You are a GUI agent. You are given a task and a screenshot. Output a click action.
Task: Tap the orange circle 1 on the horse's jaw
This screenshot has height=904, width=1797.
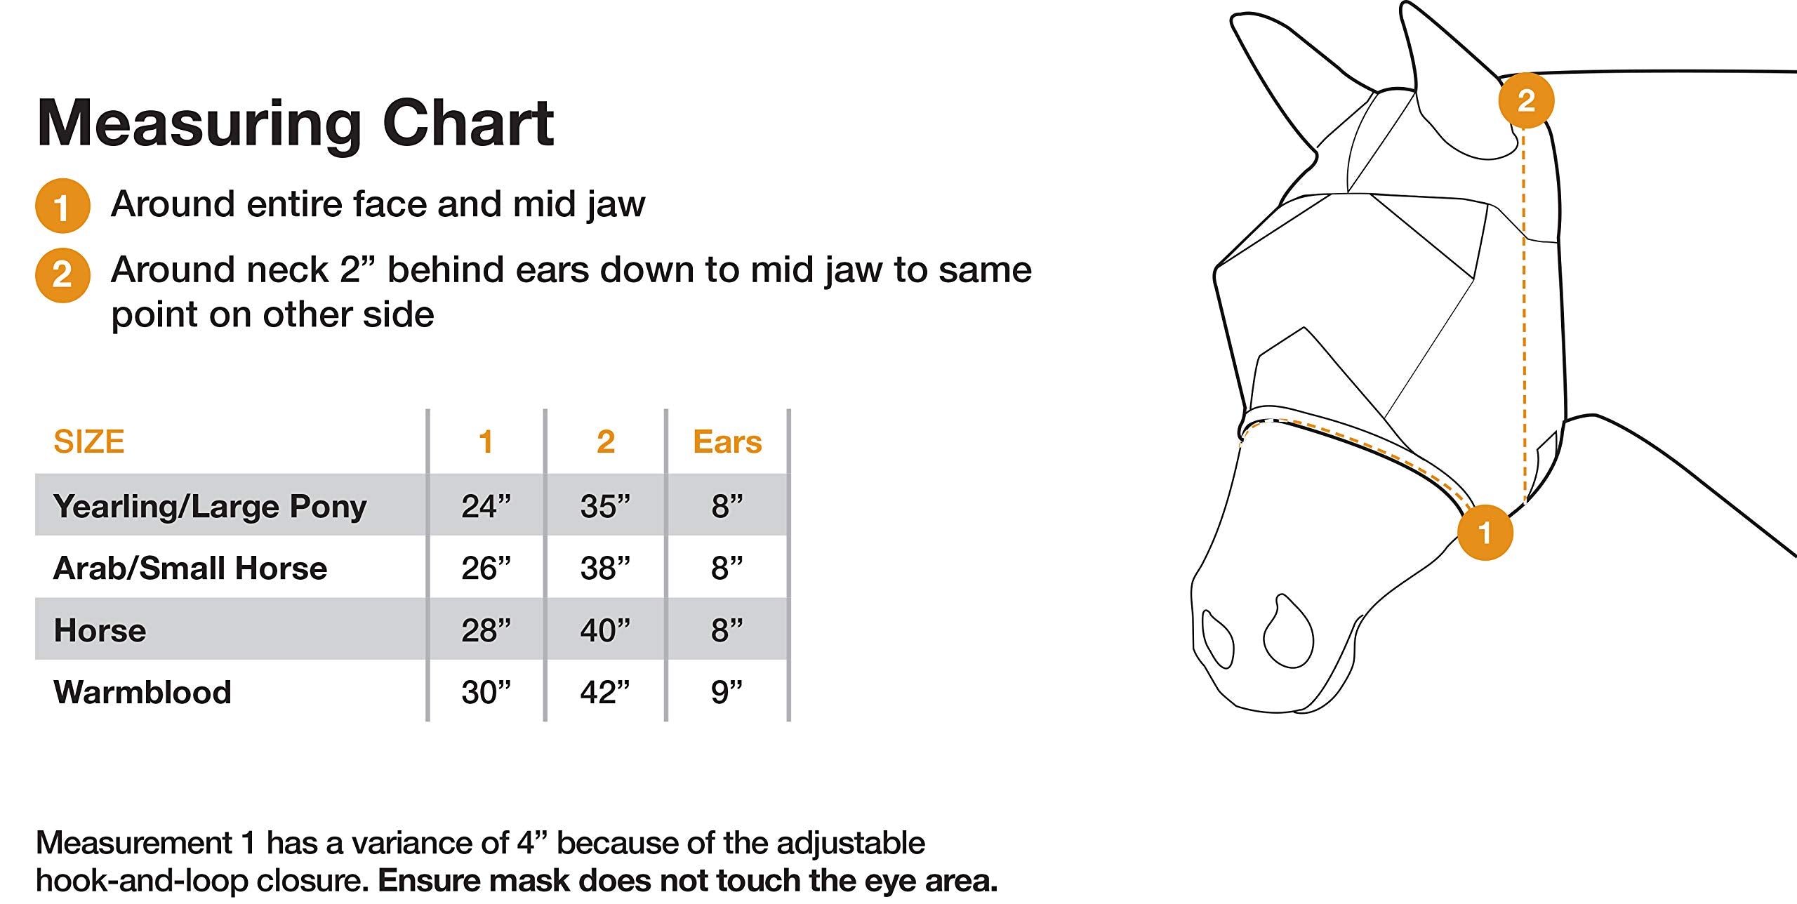[1485, 532]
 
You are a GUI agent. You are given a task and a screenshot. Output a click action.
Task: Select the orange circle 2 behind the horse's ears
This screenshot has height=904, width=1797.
[1526, 100]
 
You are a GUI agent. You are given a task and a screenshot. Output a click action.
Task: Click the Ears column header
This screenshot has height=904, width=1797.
[727, 442]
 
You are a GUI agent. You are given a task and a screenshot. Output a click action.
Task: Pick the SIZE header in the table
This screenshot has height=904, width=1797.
[89, 442]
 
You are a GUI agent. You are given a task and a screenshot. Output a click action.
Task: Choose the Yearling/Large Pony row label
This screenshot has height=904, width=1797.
[210, 506]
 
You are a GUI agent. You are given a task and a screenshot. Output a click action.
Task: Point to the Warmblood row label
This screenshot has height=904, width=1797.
[142, 692]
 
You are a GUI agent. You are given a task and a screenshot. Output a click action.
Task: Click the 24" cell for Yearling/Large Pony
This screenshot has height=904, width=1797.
[486, 506]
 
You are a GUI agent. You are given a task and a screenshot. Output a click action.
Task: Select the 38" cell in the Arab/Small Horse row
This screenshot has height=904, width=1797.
[605, 568]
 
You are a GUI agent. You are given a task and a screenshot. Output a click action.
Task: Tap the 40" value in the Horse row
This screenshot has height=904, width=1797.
[605, 630]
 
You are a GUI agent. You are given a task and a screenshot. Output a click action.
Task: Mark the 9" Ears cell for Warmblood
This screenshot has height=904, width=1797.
[727, 692]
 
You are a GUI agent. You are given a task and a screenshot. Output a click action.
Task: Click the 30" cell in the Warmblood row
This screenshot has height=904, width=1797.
[486, 692]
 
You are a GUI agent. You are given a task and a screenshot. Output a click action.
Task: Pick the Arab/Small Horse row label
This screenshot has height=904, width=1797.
[190, 568]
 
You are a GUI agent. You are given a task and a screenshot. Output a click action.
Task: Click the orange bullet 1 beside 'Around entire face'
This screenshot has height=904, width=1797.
[62, 206]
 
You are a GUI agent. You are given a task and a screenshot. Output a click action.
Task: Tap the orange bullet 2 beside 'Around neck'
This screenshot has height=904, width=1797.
[62, 274]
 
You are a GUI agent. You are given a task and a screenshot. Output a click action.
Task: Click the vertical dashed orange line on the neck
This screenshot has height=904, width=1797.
[1524, 316]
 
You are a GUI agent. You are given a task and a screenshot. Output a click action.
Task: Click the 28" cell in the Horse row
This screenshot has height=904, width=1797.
[486, 630]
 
